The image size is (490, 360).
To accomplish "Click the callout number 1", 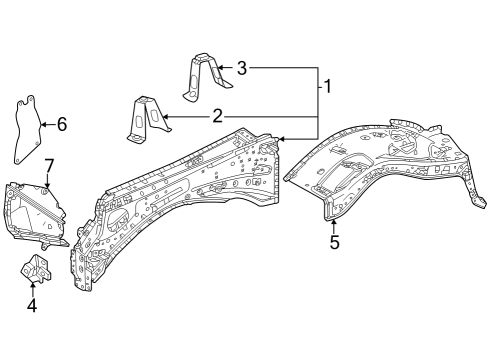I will click(x=327, y=87).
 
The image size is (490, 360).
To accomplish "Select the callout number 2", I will click(x=217, y=116).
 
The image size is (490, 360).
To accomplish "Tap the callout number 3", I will click(x=241, y=68).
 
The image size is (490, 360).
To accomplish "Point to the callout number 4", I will click(x=32, y=306).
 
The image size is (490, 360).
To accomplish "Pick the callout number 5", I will click(x=334, y=242).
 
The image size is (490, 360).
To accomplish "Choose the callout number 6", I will click(x=61, y=125).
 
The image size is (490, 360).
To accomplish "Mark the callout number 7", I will click(x=48, y=164).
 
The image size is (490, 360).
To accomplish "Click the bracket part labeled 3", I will click(x=200, y=76).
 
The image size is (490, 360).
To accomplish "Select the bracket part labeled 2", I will click(x=144, y=119).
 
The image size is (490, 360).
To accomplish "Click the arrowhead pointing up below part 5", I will click(x=334, y=224).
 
